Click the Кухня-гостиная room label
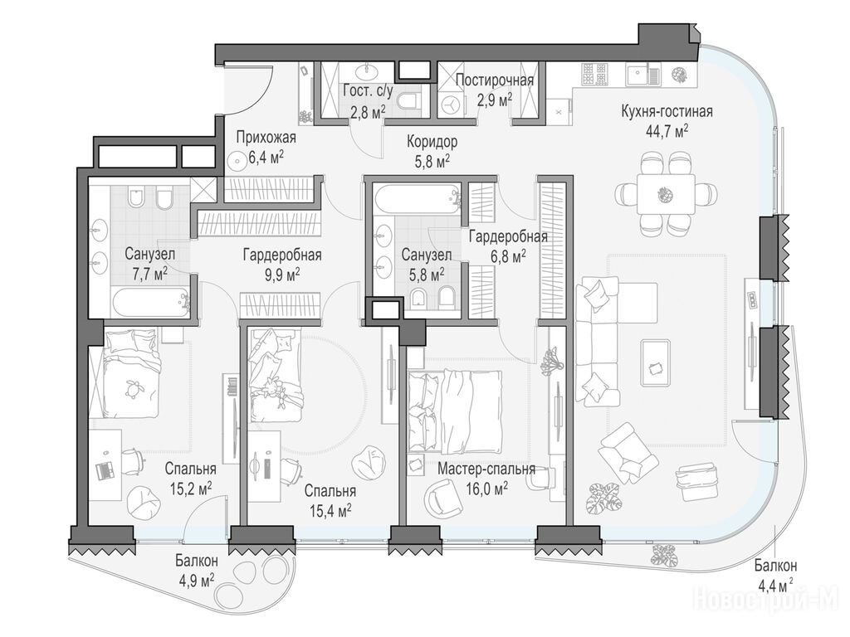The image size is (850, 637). [x=667, y=112]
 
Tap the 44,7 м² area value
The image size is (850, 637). [x=667, y=130]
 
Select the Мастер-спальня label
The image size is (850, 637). [x=486, y=469]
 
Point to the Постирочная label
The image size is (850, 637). [x=495, y=80]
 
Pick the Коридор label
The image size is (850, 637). [x=432, y=142]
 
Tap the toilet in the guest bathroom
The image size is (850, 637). [x=408, y=101]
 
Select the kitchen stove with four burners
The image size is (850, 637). [x=594, y=74]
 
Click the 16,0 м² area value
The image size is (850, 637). [x=486, y=489]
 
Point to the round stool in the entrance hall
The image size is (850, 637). [x=237, y=161]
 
